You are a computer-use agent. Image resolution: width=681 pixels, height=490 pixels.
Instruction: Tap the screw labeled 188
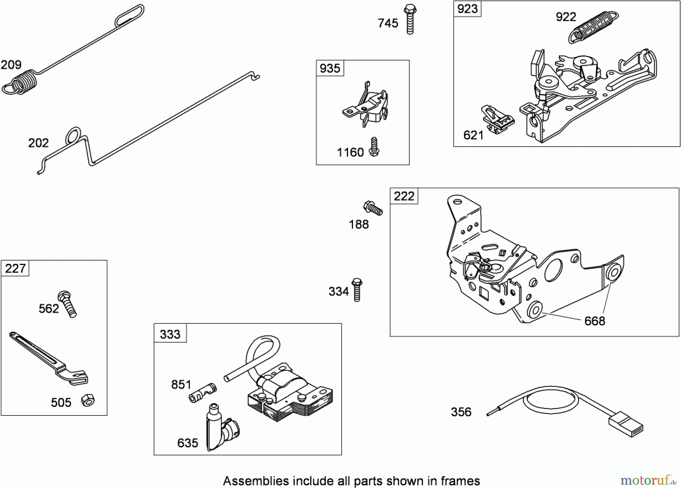coord(373,208)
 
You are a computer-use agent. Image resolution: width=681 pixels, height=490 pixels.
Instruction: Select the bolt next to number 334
coord(357,290)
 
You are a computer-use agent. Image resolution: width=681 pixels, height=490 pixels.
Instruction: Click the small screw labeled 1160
coord(375,147)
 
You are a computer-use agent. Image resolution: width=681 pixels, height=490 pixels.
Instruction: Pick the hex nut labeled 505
coord(88,400)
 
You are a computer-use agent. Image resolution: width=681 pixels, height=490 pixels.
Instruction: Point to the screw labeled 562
coord(67,304)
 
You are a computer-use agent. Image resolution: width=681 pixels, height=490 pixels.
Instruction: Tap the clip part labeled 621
coord(498,119)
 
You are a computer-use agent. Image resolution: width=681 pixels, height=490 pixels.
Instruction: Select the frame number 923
coord(468,9)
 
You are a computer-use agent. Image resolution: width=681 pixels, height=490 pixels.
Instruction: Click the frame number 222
coord(404,196)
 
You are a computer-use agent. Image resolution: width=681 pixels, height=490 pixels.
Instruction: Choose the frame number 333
coord(170,334)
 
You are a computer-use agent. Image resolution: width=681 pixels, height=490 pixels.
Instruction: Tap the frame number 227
coord(15,268)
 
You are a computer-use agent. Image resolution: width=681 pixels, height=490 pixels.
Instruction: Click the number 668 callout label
coord(595,321)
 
